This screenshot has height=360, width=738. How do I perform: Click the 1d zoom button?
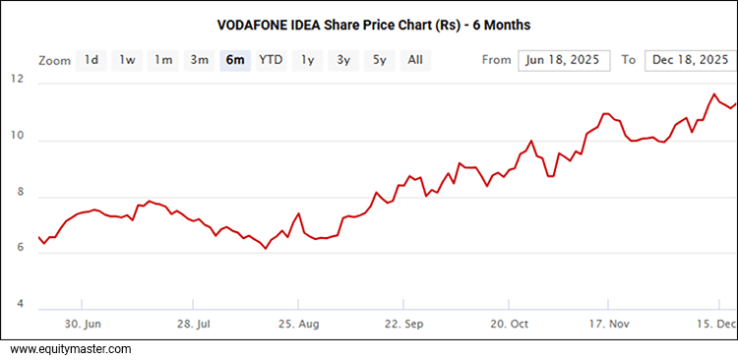(x=91, y=60)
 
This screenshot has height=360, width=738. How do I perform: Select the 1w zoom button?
(x=127, y=60)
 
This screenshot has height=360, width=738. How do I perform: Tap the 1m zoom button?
(x=163, y=60)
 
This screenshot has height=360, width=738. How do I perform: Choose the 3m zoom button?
(x=200, y=60)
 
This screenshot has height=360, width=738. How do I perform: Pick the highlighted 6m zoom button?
(x=235, y=60)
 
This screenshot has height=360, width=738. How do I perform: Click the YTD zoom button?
(x=271, y=60)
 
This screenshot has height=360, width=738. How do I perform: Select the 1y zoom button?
(x=308, y=60)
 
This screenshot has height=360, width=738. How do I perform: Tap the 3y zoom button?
(x=343, y=60)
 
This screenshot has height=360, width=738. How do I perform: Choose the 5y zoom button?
(x=379, y=60)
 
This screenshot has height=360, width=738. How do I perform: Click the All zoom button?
(x=415, y=60)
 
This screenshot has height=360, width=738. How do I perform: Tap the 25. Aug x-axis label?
(x=299, y=324)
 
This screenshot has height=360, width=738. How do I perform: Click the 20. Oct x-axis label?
(x=510, y=324)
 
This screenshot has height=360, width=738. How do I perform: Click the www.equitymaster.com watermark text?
(x=71, y=349)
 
